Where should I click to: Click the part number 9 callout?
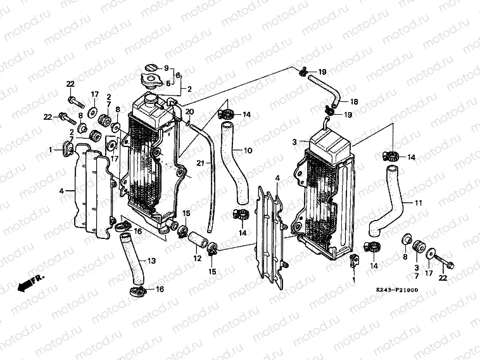167,68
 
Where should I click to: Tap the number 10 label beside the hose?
248,150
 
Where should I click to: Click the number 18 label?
354,101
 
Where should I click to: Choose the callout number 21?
198,164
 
